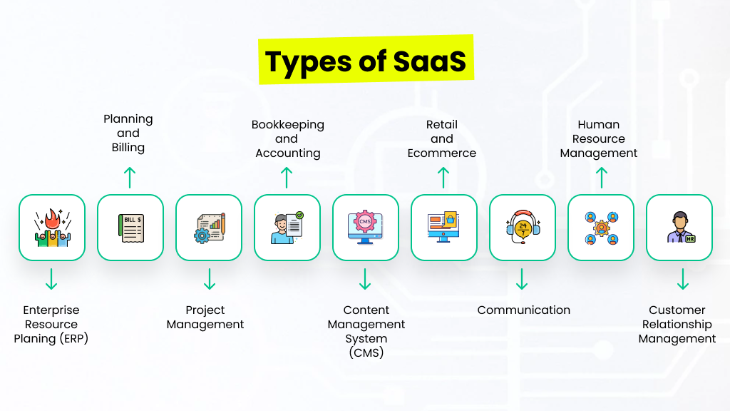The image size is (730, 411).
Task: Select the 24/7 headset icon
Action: [523, 228]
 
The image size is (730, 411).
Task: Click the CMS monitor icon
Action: [366, 228]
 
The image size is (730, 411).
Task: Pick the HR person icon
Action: [679, 228]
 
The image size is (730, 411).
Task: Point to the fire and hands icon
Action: [52, 228]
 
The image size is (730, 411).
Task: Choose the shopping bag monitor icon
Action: [444, 228]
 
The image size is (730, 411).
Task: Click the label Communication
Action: [524, 310]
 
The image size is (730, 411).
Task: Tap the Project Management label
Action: [205, 318]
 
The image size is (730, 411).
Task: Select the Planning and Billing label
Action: [128, 133]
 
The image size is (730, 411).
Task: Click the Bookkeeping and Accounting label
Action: [287, 139]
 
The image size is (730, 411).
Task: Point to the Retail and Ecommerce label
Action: [442, 139]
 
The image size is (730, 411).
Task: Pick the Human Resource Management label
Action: [599, 139]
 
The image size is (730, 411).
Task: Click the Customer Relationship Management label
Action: [677, 325]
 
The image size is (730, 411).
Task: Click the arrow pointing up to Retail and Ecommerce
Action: [443, 178]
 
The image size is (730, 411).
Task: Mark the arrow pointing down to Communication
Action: [522, 279]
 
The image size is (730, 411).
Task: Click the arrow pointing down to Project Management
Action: [209, 279]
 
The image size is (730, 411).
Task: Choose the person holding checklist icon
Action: [287, 228]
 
